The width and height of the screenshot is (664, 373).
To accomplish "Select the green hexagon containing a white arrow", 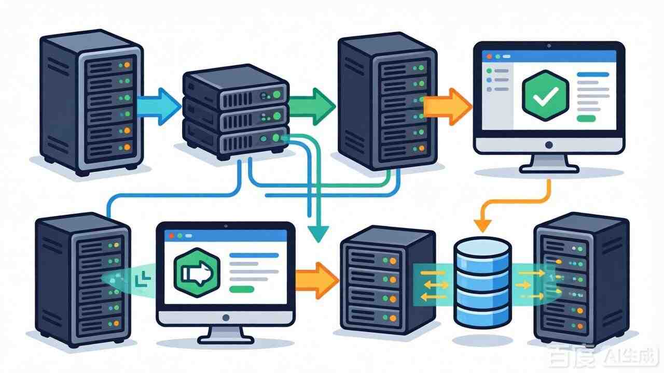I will coord(195,270).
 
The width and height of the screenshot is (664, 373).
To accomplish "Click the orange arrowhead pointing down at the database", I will coord(482,225).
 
